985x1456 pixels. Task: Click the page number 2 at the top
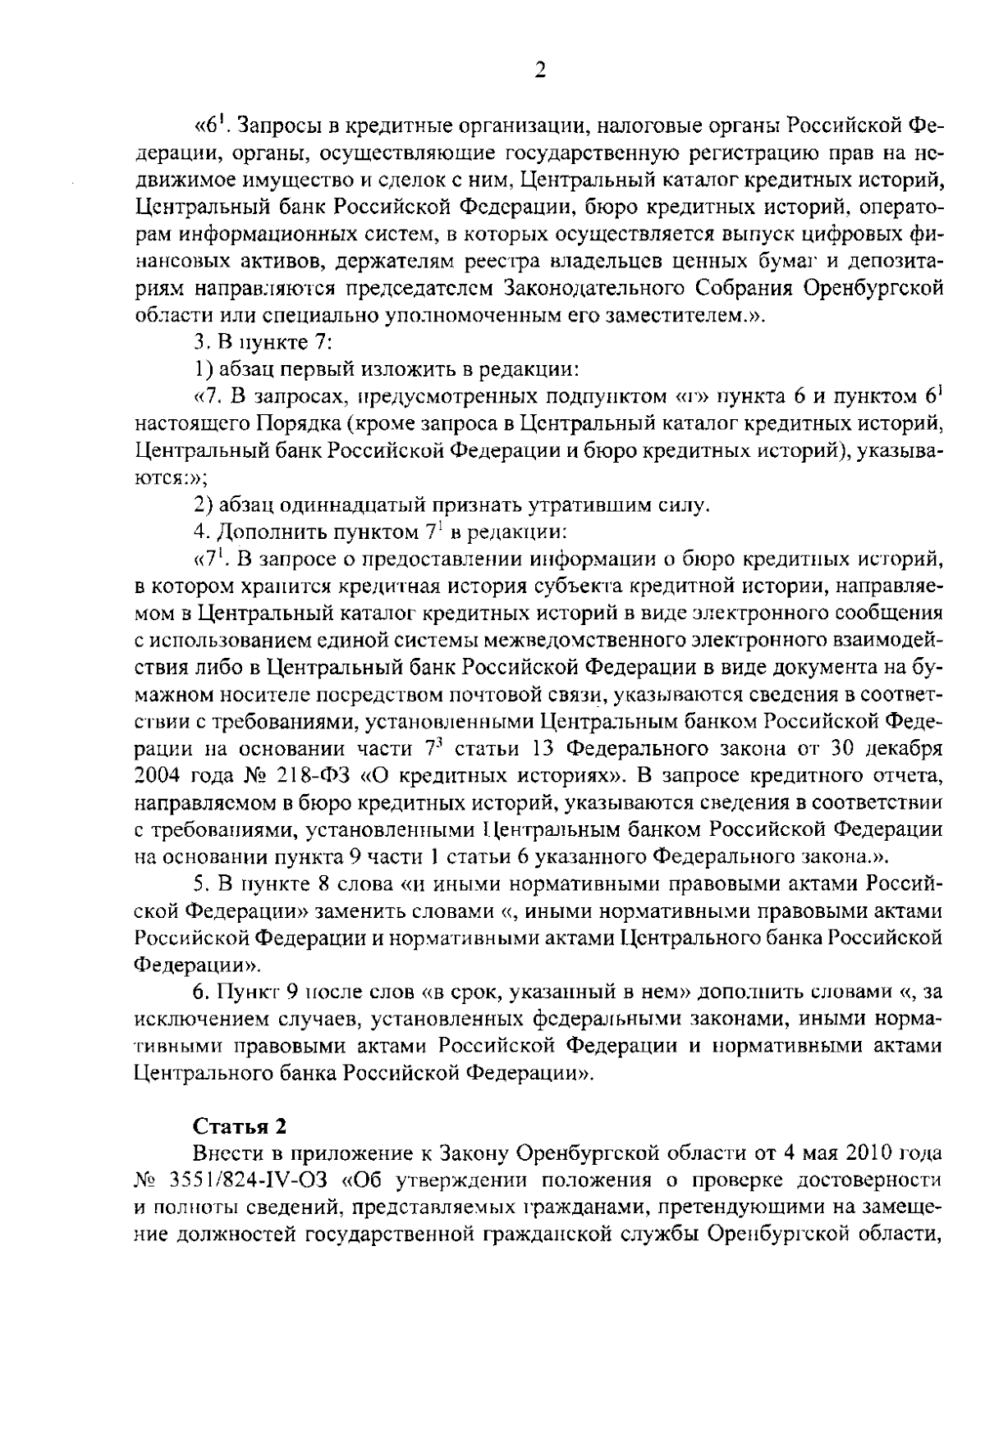tap(539, 71)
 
